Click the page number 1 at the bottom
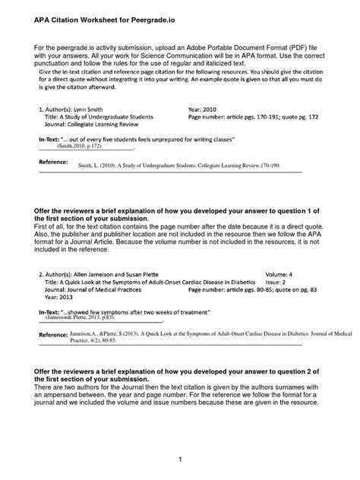pyautogui.click(x=179, y=460)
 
